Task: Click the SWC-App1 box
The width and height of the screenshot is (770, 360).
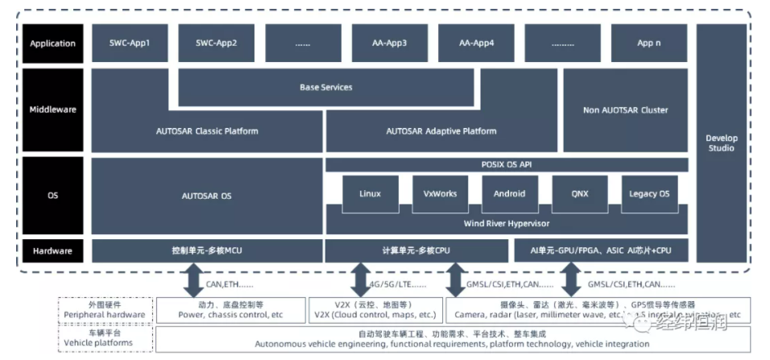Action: click(130, 43)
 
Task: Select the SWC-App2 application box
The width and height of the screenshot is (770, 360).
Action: click(217, 43)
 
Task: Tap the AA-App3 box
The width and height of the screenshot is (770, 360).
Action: click(389, 43)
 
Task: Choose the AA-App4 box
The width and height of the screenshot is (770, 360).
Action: click(476, 43)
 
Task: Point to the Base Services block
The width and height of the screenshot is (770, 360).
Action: click(326, 87)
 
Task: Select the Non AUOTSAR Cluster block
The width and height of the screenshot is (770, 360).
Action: click(625, 110)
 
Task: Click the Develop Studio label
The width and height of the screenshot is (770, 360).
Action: click(721, 143)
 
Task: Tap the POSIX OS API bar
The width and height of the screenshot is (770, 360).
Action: click(507, 164)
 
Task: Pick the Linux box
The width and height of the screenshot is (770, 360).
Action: click(371, 194)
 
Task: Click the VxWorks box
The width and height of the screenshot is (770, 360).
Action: click(440, 194)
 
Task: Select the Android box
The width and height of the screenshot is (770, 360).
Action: click(509, 194)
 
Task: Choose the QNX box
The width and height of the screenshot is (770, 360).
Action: click(579, 194)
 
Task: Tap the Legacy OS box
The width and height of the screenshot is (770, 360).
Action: click(648, 194)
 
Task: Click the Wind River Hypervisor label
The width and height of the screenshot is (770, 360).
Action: click(507, 223)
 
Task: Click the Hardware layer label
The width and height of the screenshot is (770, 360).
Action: click(52, 251)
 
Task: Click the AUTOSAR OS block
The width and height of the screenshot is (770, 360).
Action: click(207, 195)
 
